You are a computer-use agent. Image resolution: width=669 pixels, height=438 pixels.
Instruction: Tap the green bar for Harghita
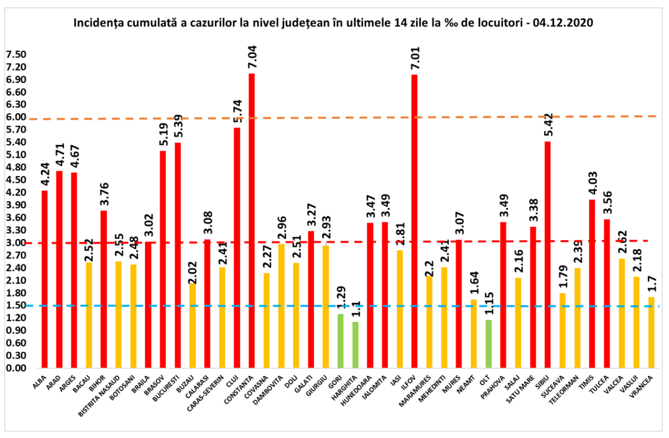355,345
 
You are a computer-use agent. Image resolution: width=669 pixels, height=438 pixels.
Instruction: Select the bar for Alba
45,279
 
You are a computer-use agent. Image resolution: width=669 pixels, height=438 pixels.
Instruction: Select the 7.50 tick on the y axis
16,55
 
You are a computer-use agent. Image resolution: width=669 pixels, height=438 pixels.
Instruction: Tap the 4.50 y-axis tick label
16,180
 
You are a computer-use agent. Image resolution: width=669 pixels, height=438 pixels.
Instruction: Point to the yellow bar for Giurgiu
326,307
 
